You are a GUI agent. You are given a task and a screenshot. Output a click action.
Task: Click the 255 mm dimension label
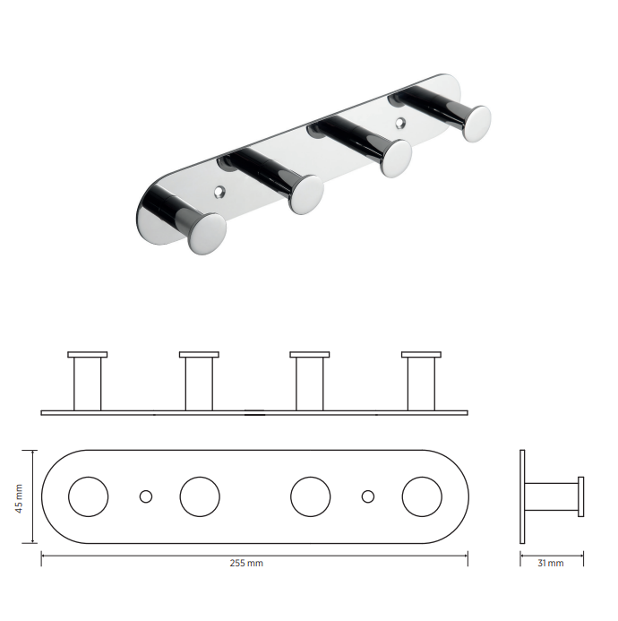(246, 563)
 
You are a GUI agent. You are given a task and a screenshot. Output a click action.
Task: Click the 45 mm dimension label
(19, 498)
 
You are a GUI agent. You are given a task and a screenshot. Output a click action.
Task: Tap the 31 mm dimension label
(550, 563)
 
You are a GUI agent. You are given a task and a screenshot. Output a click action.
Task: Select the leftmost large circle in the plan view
(89, 496)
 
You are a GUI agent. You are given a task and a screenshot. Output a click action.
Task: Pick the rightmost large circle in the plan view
(422, 496)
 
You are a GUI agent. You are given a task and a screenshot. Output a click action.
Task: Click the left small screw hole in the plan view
(146, 496)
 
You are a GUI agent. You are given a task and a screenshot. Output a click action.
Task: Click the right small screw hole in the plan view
(368, 496)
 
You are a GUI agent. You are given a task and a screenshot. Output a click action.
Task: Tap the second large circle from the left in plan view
(200, 496)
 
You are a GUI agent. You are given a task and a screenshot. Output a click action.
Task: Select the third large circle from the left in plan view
(311, 496)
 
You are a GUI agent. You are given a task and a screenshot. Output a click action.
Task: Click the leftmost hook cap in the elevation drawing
(88, 355)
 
